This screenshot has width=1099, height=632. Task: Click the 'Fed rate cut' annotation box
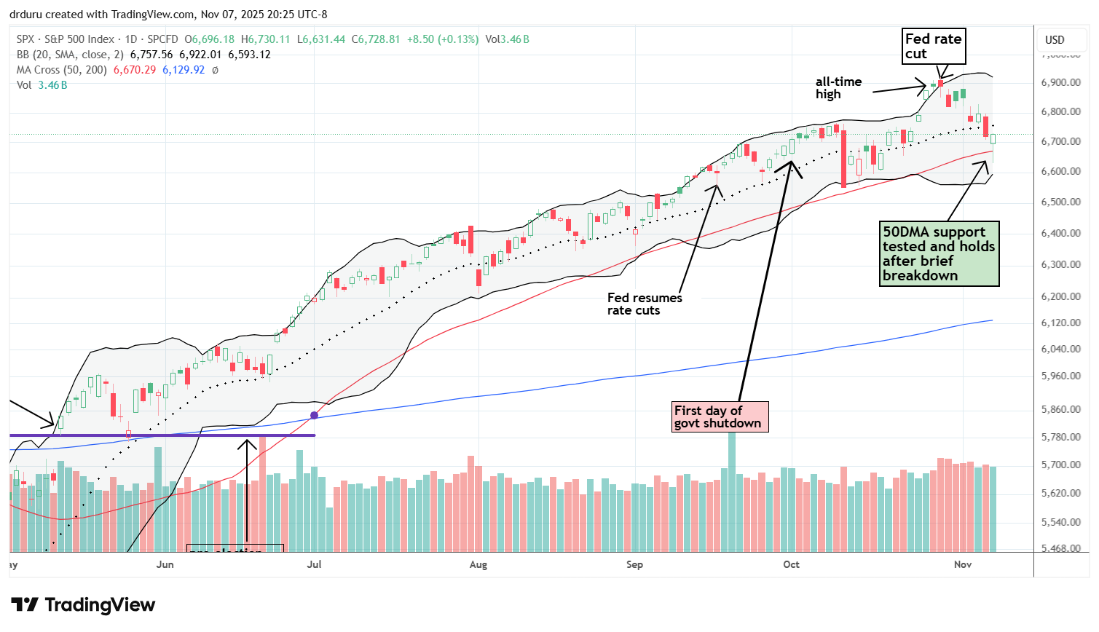[934, 47]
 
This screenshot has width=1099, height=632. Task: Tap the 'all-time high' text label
[838, 88]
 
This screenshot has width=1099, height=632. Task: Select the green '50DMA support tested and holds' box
[939, 253]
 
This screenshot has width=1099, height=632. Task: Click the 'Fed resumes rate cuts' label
[645, 304]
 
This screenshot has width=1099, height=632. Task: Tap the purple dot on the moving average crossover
[314, 415]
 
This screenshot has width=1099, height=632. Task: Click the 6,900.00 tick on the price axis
[1060, 82]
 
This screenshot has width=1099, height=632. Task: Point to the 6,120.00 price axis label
[1060, 323]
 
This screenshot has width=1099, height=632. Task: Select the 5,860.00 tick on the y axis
[1060, 409]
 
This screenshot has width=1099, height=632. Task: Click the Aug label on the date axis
[478, 564]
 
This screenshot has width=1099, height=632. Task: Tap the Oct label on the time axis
[791, 564]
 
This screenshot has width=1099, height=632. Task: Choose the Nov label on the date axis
[963, 564]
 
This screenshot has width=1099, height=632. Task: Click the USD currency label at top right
[1055, 40]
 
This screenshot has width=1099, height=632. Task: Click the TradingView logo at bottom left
[83, 605]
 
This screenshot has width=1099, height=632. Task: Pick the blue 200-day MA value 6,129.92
[183, 70]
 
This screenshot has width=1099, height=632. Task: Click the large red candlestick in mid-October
[843, 159]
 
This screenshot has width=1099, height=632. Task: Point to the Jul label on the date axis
[315, 564]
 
